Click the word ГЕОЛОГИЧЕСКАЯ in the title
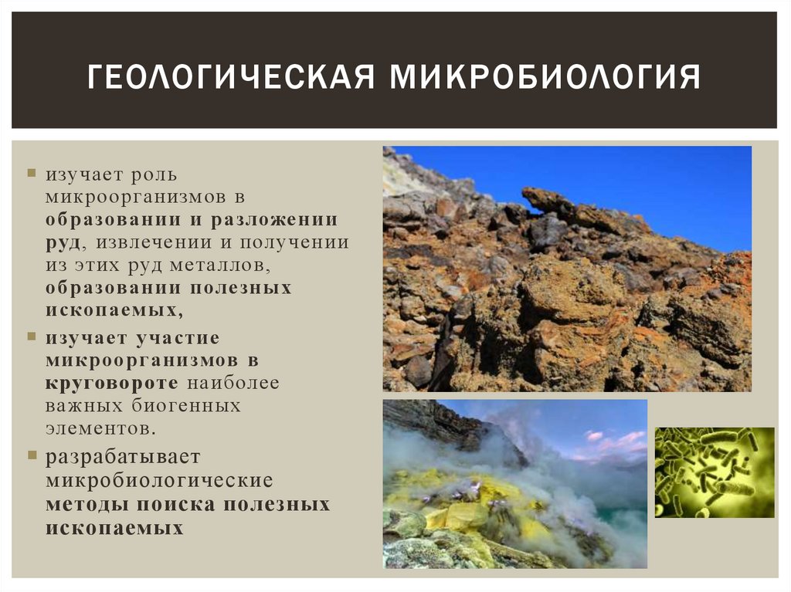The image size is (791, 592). coord(230,78)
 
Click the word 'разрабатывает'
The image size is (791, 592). coord(123,457)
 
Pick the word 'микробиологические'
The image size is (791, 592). coord(159,480)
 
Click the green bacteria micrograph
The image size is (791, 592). coord(715,472)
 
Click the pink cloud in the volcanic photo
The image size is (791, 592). coord(610,441)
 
